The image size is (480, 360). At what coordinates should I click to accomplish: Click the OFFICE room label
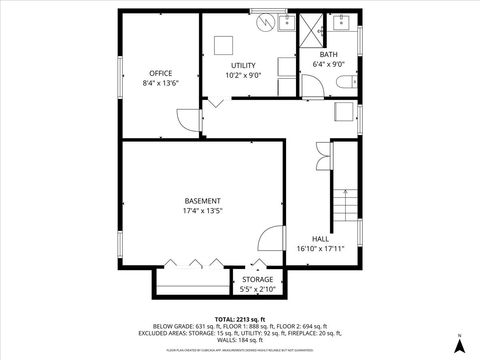pos(160,73)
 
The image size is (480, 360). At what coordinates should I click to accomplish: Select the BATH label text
pos(328,54)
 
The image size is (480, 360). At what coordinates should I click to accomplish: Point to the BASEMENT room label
pos(202,200)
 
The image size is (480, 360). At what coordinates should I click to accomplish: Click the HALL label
pos(320,238)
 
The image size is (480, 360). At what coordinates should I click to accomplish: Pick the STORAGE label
pos(258,279)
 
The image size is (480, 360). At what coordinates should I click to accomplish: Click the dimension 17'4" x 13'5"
pos(202,211)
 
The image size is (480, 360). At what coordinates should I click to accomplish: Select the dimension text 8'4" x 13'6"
pos(160,84)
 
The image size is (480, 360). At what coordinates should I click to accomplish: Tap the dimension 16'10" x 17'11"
pos(320,248)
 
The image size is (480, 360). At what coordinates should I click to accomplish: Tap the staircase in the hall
pos(345,204)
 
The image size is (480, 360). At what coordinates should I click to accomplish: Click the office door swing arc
pos(188,119)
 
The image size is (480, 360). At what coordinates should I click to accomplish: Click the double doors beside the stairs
pos(322,152)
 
